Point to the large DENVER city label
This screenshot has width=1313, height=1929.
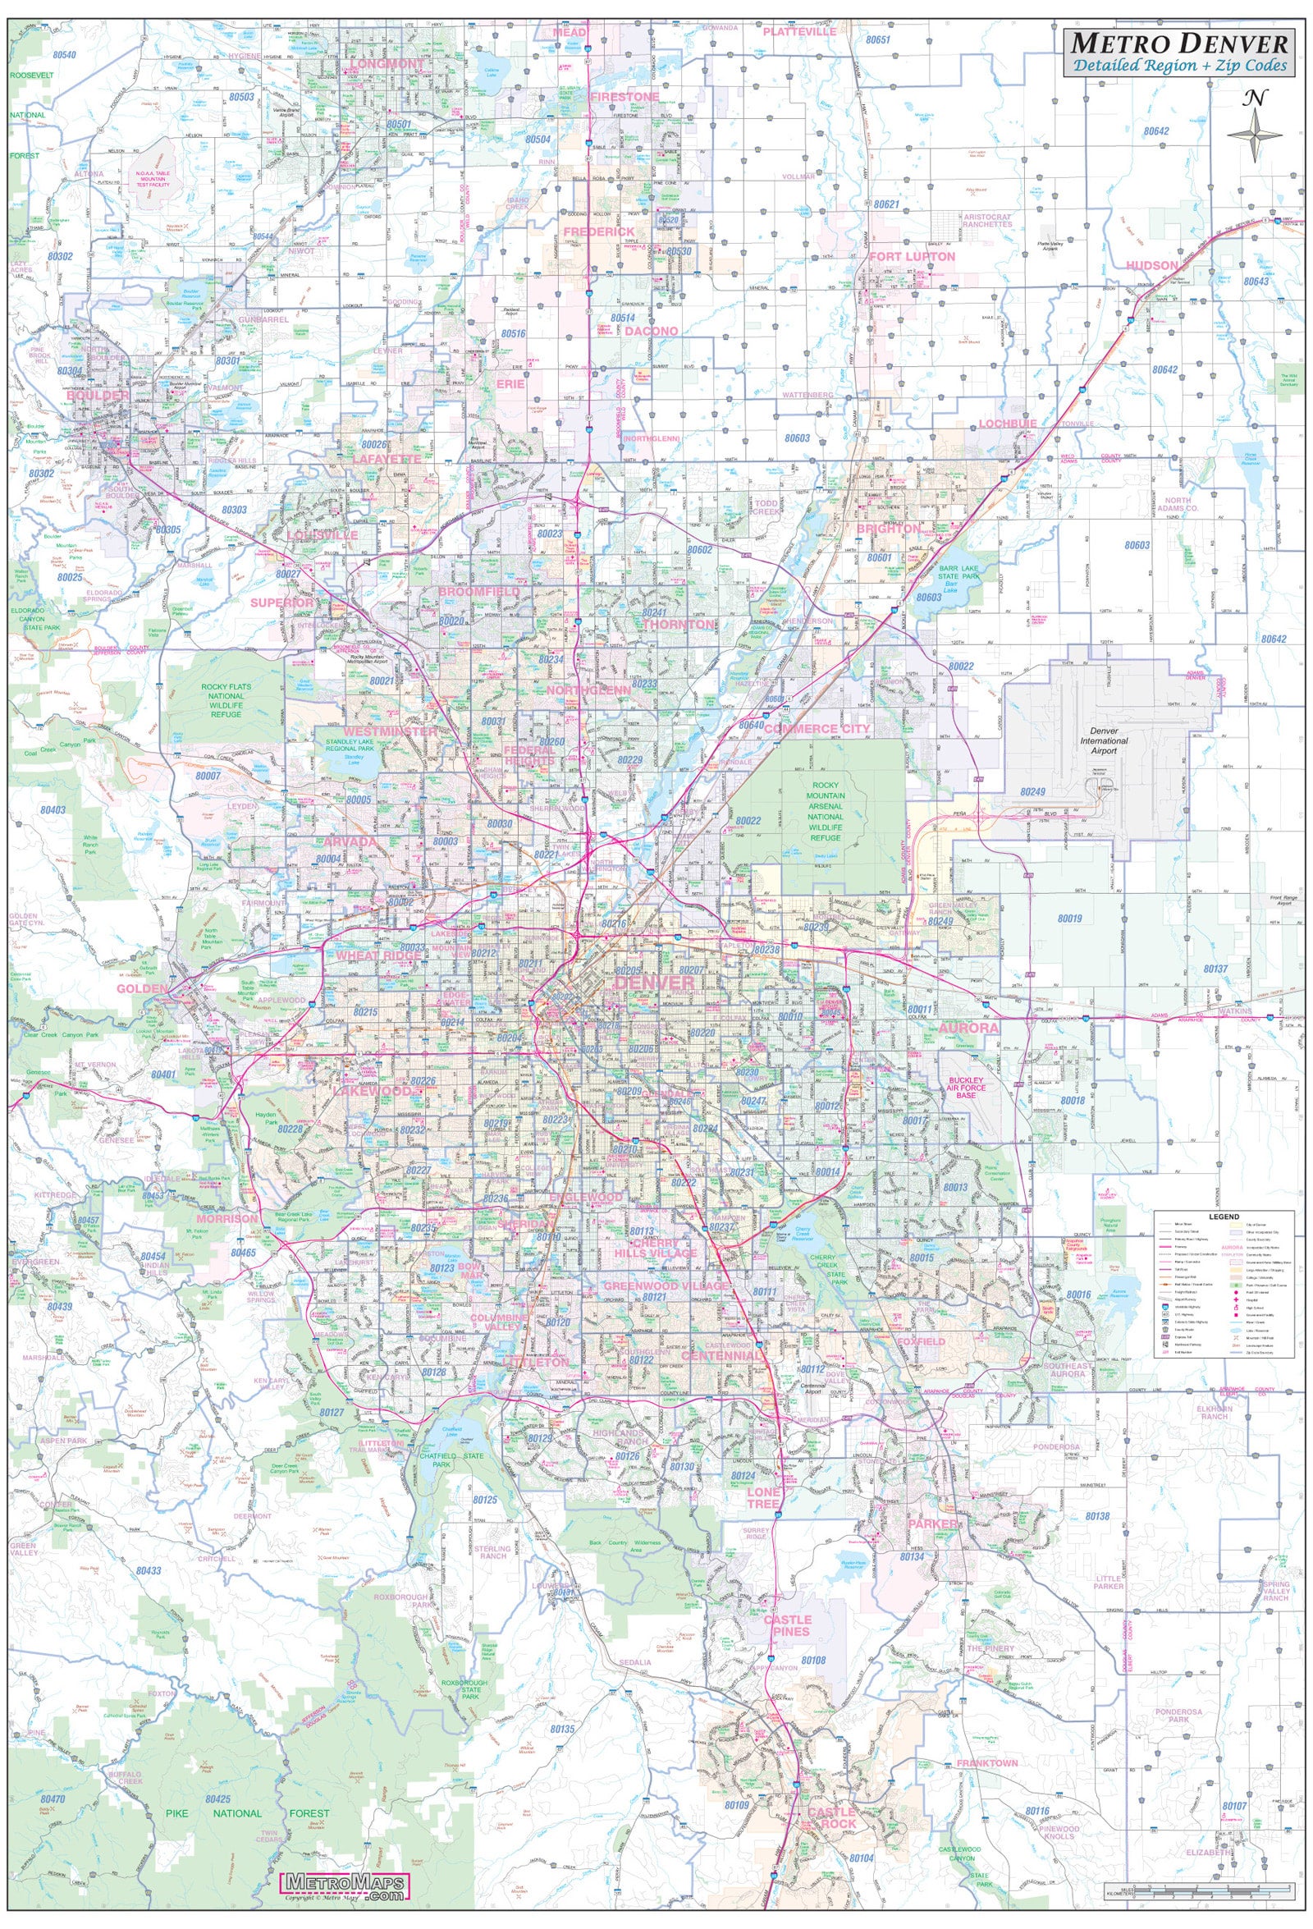point(653,983)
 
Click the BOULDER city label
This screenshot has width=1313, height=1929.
point(98,396)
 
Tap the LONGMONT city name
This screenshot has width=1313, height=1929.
point(387,63)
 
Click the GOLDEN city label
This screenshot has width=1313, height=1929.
point(142,988)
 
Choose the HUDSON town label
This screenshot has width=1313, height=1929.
point(1152,266)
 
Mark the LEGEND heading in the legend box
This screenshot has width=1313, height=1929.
point(1224,1217)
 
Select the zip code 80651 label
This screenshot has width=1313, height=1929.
point(877,40)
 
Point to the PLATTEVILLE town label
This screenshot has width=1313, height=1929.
point(799,31)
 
